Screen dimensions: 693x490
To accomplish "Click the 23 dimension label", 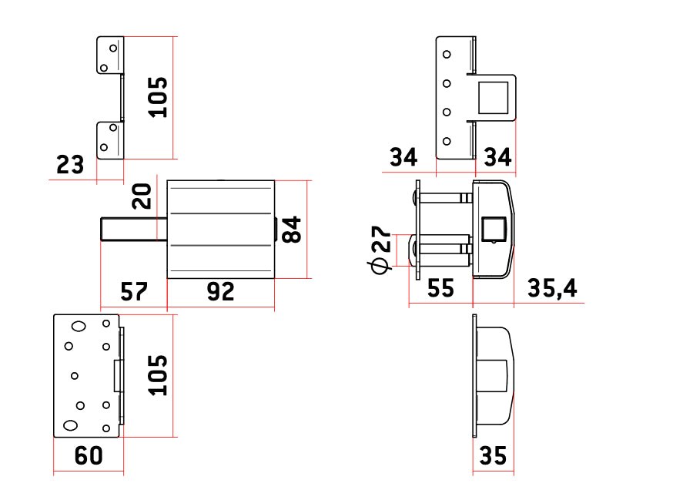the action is click(70, 165).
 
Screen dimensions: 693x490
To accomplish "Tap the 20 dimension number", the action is click(142, 196).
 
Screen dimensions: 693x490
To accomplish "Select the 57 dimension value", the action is click(133, 292).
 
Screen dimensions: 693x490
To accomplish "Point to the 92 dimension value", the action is click(220, 292).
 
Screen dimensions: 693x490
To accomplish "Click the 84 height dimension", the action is click(292, 230).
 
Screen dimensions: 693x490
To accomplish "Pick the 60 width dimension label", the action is click(89, 455).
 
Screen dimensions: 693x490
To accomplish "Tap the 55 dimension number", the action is click(440, 288).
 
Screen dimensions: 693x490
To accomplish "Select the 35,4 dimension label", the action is click(552, 288).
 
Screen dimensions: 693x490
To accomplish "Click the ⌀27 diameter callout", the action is click(380, 250).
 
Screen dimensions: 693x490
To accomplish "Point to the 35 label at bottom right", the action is click(493, 456).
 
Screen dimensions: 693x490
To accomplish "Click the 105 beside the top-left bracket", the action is click(158, 97).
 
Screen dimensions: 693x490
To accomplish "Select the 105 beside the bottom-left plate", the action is click(158, 375).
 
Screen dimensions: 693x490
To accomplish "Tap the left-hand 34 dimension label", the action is click(403, 157).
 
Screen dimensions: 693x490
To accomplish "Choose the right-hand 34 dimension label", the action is click(497, 157).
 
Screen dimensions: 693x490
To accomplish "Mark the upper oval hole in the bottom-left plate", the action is click(79, 327).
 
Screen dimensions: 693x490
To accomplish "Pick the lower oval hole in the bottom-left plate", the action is click(70, 425).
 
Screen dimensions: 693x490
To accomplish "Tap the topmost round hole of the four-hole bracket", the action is click(447, 55).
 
